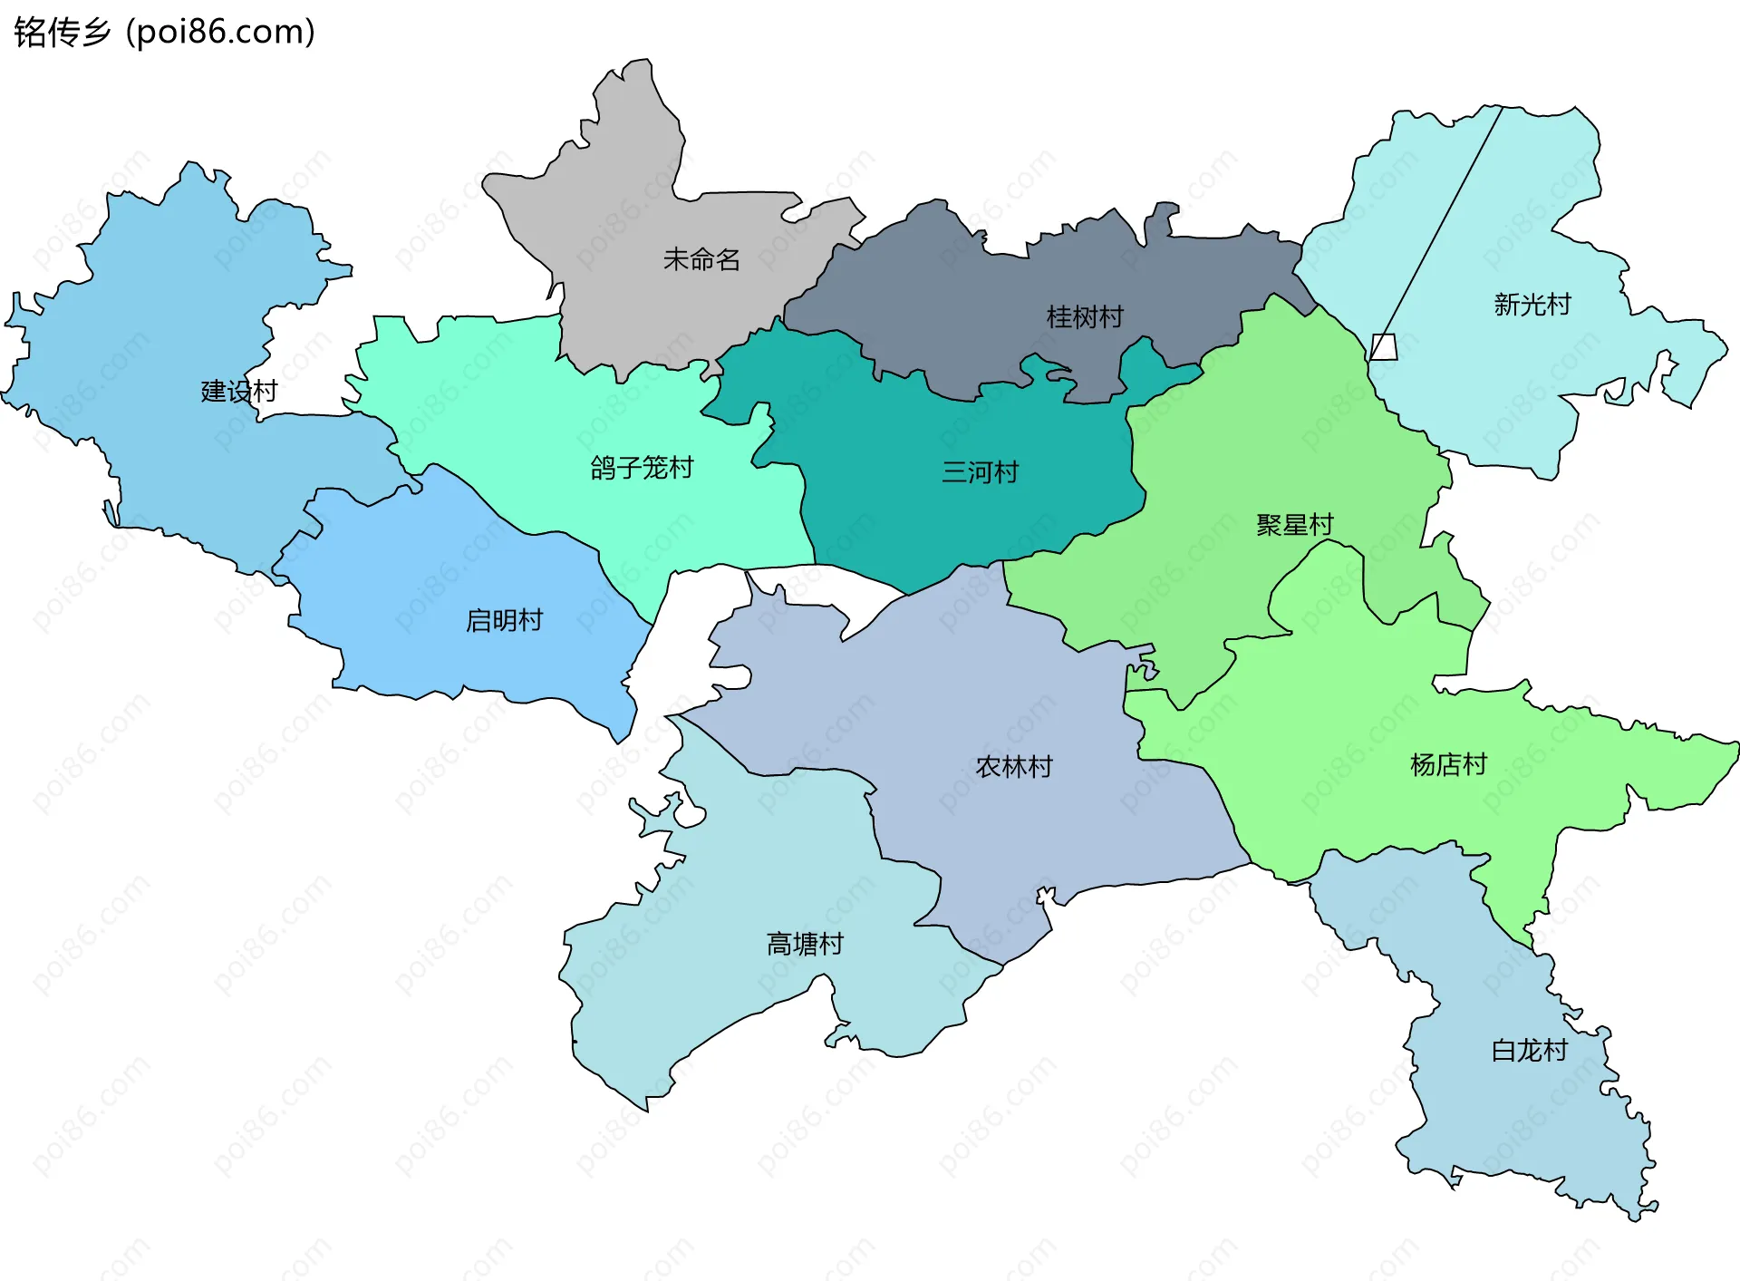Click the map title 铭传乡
pyautogui.click(x=62, y=32)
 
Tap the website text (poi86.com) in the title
pyautogui.click(x=221, y=32)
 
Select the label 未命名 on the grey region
pyautogui.click(x=701, y=260)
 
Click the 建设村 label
pyautogui.click(x=239, y=392)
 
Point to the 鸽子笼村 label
pyautogui.click(x=642, y=468)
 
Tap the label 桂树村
pyautogui.click(x=1085, y=317)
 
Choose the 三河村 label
pyautogui.click(x=980, y=472)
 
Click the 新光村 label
pyautogui.click(x=1532, y=305)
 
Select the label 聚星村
pyautogui.click(x=1295, y=525)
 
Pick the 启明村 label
pyautogui.click(x=504, y=621)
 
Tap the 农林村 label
pyautogui.click(x=1014, y=767)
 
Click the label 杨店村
pyautogui.click(x=1448, y=765)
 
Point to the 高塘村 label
pyautogui.click(x=805, y=945)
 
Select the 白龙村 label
pyautogui.click(x=1530, y=1051)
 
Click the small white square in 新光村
pyautogui.click(x=1383, y=347)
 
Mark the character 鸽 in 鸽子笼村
pyautogui.click(x=604, y=468)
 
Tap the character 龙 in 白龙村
pyautogui.click(x=1530, y=1051)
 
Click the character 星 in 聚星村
pyautogui.click(x=1295, y=525)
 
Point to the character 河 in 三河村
pyautogui.click(x=980, y=472)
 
